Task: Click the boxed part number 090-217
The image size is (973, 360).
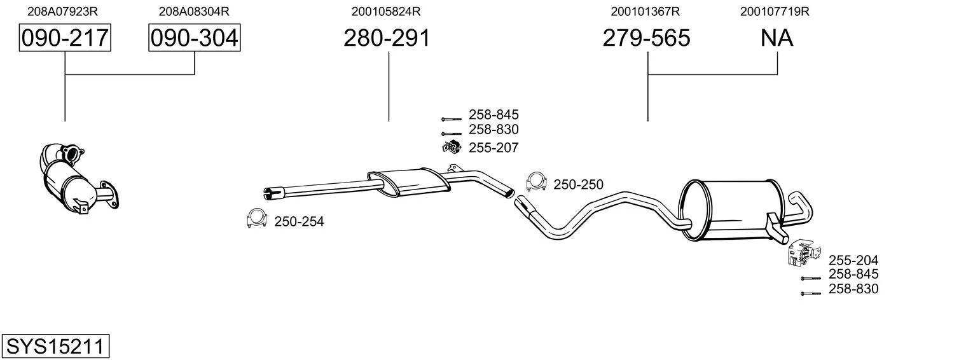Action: tap(65, 38)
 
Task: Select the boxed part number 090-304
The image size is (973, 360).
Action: tap(194, 38)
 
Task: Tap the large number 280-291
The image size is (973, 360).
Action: tap(387, 38)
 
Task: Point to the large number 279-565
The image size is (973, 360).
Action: tap(646, 38)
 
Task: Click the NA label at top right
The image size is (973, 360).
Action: tap(776, 38)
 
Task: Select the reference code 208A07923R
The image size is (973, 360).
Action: tap(62, 11)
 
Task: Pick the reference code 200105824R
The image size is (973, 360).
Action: tap(386, 11)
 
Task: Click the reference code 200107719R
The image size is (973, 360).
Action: tap(775, 11)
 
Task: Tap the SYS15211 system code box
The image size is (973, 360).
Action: tap(55, 346)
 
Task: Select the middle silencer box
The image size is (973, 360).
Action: tap(409, 183)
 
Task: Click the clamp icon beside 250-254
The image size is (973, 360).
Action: tap(257, 219)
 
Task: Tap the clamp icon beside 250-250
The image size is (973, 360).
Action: tap(536, 182)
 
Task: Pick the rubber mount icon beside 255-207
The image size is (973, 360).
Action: tap(452, 147)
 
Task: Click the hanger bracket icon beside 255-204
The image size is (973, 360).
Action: tap(804, 252)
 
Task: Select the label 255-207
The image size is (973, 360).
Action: tap(493, 148)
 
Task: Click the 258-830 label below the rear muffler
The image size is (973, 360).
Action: tap(853, 289)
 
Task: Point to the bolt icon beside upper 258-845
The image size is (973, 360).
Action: tap(452, 118)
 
